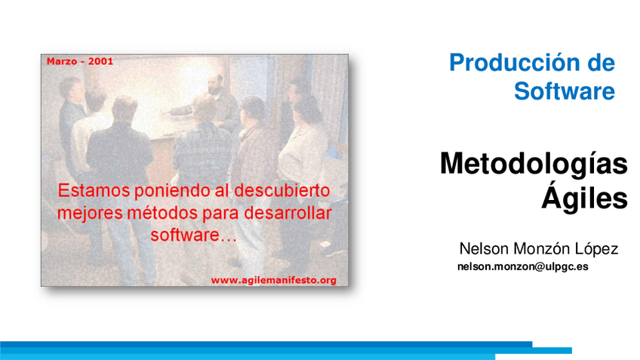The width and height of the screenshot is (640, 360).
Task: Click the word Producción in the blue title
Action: [510, 63]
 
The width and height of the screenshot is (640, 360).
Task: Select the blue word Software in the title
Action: [565, 92]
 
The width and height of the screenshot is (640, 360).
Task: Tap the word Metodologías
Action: [534, 164]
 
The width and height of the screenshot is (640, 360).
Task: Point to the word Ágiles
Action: [584, 198]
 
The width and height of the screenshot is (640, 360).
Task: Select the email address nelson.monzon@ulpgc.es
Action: [523, 266]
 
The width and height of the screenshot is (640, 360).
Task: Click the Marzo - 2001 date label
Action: [79, 61]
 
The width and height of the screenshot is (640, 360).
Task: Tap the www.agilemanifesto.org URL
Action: [273, 280]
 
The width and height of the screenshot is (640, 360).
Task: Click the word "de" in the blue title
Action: [602, 63]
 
